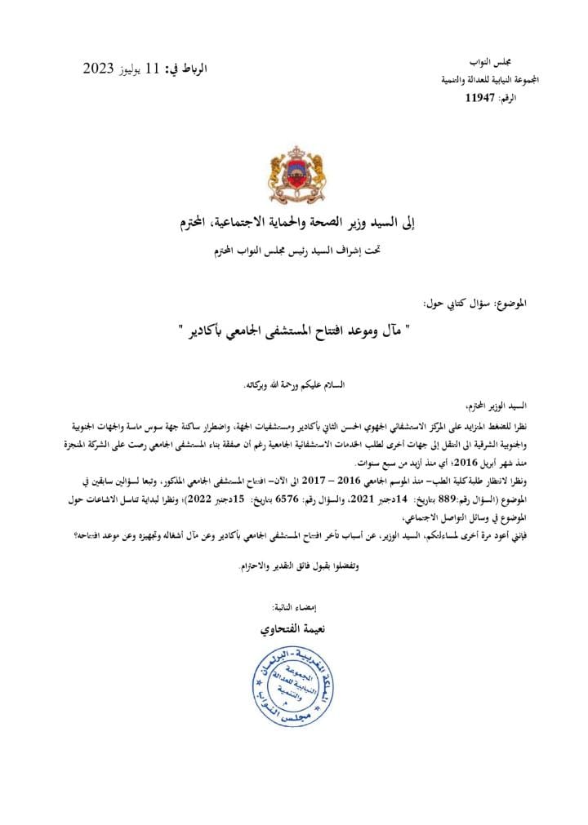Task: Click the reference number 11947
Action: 480,97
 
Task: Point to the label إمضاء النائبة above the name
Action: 293,608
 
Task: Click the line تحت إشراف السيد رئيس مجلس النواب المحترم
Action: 293,249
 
